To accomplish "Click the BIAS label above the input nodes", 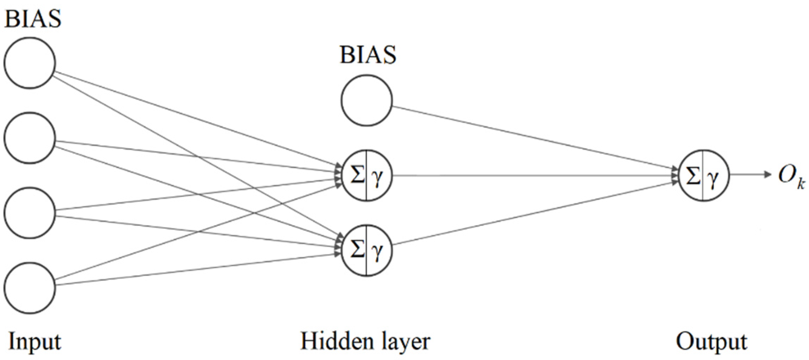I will tap(33, 18).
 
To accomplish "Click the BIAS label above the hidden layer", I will tap(368, 55).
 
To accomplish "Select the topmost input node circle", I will tap(30, 63).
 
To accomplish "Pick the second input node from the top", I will tap(30, 138).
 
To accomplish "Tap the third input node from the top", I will tap(30, 213).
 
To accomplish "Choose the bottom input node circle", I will tap(30, 288).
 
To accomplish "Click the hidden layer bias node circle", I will tap(366, 100).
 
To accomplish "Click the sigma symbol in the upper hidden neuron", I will tap(357, 175).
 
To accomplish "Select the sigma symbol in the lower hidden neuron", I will tap(357, 250).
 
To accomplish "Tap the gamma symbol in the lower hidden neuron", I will tap(377, 252).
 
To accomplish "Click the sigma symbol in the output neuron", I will tap(693, 175).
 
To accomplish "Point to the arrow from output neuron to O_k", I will tap(749, 175).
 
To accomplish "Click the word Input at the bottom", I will tap(35, 341).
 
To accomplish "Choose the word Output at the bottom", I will tap(711, 341).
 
